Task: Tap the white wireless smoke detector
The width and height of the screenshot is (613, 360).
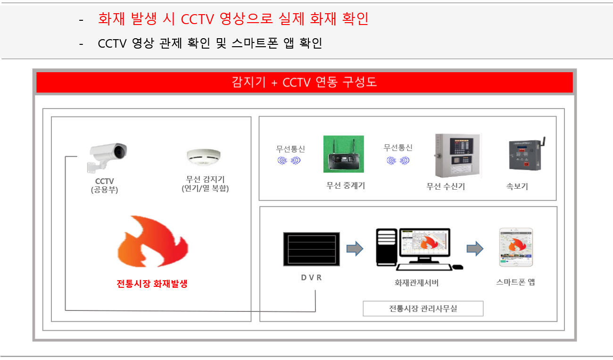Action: pos(204,157)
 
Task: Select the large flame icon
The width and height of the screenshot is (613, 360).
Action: pos(153,241)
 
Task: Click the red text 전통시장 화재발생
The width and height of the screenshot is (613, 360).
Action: pos(152,284)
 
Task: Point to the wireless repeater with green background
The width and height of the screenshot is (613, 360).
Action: pos(343,154)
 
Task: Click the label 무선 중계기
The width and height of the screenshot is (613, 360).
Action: pos(346,185)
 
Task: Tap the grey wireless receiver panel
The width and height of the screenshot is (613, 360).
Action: pos(457,155)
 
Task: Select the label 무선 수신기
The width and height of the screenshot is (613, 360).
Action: pos(446,186)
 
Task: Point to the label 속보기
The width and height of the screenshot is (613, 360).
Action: pos(517,186)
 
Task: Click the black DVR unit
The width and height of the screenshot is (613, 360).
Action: pos(311,249)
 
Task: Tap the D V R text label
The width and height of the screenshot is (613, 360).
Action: pos(311,277)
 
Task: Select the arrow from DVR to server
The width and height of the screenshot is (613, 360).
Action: pos(355,249)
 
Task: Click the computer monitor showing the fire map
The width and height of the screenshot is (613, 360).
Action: pos(425,243)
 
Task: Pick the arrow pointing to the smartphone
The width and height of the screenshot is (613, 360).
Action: pos(475,249)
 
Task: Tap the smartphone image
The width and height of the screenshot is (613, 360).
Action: pos(516,247)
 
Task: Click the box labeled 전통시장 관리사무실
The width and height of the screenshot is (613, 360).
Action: pos(423,309)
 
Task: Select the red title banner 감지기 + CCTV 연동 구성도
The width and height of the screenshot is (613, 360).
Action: pos(305,82)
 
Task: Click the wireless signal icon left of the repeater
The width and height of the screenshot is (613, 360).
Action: pos(289,160)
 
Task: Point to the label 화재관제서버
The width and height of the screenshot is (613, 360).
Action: pos(416,283)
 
